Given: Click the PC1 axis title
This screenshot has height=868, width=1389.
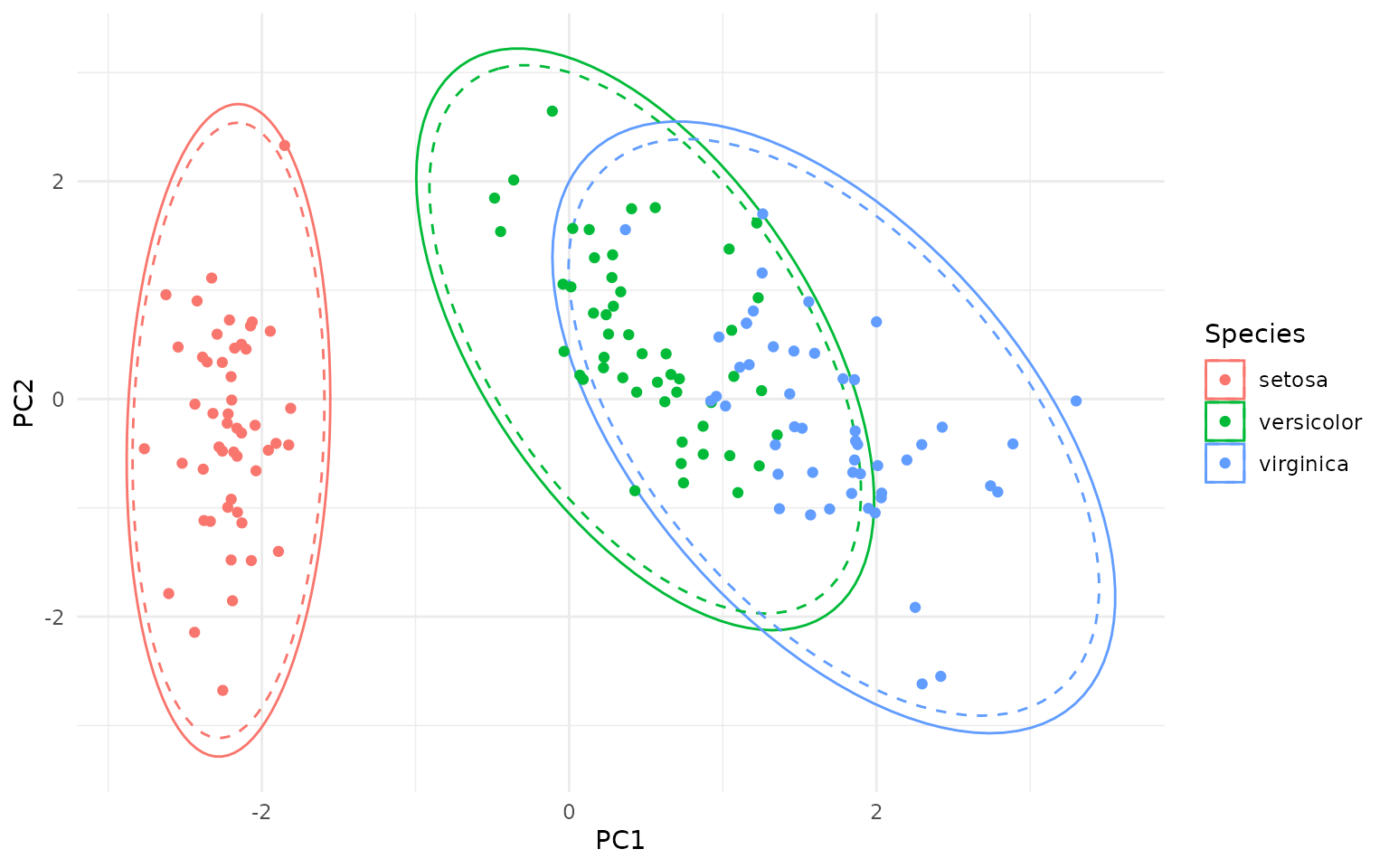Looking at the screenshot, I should coord(619,841).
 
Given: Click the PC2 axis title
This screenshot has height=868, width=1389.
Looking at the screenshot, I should coord(24,399).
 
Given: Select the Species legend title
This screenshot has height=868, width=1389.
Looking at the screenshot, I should coord(1254,335).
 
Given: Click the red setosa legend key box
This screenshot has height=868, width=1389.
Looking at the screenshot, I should coord(1224,380).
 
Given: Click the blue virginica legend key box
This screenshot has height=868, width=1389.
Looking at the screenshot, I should coord(1224,463).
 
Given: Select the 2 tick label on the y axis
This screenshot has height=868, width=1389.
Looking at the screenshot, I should coord(58,181).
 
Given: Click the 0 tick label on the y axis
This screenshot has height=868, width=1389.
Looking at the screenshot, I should coord(58,399).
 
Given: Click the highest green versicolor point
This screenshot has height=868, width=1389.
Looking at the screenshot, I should coord(552,111).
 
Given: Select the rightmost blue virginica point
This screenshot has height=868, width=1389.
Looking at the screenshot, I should coord(1075,401).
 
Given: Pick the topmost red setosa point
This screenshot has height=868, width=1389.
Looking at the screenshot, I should coord(284,146).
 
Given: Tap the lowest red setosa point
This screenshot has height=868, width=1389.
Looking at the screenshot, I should coord(222,690).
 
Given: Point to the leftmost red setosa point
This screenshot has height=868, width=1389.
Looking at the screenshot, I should coord(144,448).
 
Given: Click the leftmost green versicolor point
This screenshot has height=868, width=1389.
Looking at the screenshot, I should coord(494,198).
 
